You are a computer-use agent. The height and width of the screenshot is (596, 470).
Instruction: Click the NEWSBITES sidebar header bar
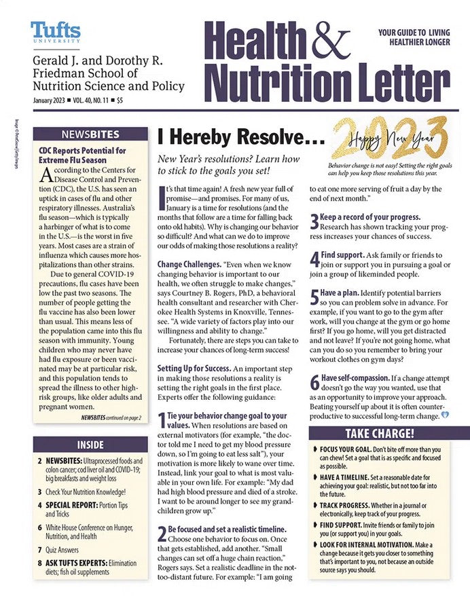pos(90,134)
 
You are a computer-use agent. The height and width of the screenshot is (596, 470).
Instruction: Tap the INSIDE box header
pos(90,445)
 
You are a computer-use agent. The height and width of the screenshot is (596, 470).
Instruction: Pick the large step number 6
pos(314,381)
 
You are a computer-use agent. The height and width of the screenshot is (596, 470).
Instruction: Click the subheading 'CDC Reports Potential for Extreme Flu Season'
pos(82,155)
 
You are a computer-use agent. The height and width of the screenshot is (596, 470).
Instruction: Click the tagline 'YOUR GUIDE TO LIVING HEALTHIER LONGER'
pos(414,37)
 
